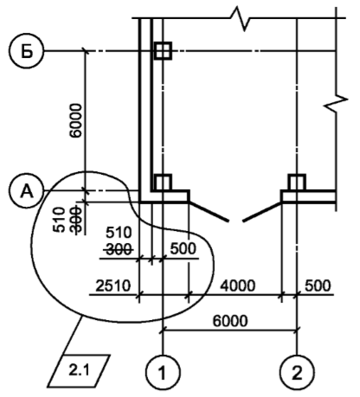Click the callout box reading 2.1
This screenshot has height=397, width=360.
coord(79,370)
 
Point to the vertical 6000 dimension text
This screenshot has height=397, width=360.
coord(77,120)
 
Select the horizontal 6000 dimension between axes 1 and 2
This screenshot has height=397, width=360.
coord(230,321)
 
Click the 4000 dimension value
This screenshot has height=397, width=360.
coord(238,285)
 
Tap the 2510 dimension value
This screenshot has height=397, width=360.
coord(113,285)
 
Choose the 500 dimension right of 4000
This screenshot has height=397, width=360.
coord(318,285)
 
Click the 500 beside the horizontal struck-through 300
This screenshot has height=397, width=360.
coord(183,248)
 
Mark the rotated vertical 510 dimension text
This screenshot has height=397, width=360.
coord(59,220)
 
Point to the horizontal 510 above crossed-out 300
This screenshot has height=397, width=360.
coord(119,233)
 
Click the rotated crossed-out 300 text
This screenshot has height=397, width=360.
coord(76,220)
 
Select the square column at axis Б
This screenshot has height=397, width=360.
coord(163,51)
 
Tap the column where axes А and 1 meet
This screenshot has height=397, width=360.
coord(163,182)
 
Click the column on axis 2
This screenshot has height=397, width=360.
coord(297,182)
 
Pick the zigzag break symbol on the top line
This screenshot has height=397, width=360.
coord(241,18)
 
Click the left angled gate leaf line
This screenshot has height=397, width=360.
coord(209,211)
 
